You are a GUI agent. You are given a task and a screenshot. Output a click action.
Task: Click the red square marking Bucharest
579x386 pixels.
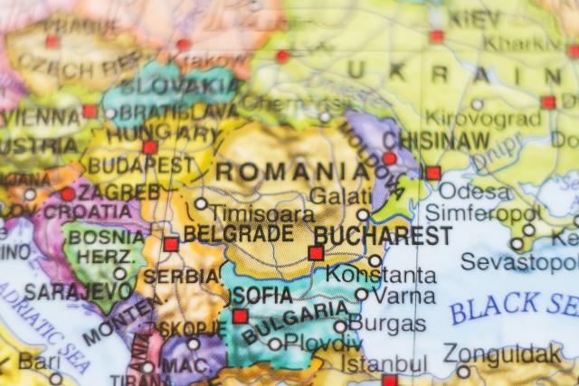tap(316, 253)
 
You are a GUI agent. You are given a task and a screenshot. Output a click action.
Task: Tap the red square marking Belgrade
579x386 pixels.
tap(171, 244)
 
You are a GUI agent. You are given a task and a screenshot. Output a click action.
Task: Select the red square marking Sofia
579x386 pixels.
tap(240, 316)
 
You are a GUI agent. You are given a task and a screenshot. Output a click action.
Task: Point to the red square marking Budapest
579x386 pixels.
tap(150, 147)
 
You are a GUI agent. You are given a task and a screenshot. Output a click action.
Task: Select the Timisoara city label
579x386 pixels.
tap(262, 215)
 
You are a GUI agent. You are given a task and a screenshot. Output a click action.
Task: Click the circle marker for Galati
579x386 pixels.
tap(363, 215)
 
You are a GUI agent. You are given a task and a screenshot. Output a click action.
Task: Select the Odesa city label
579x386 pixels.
tap(475, 193)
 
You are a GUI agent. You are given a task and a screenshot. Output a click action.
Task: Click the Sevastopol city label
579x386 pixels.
tap(519, 262)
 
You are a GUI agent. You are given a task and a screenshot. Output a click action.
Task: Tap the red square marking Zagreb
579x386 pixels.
tap(69, 194)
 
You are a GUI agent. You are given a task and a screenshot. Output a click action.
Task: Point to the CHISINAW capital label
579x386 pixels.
tap(437, 142)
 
